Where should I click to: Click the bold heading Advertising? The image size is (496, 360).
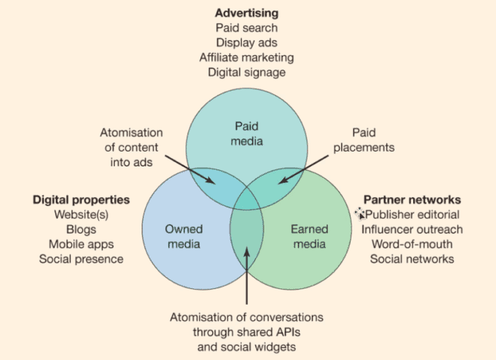point(247,13)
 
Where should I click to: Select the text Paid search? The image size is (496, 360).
point(247,28)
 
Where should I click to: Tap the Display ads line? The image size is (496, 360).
point(247,43)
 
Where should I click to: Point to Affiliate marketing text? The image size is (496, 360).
point(247,57)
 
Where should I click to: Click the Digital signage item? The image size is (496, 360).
point(247,72)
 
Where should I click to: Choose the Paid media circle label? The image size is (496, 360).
point(247,133)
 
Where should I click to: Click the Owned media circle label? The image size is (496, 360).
point(184,237)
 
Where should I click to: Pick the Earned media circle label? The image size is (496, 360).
point(310,237)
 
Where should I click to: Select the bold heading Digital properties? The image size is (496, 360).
point(81,200)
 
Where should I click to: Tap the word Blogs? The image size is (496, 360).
point(81,230)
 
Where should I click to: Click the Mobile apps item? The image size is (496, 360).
point(81,244)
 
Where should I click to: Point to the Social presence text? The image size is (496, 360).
point(81,259)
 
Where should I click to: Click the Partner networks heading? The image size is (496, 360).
point(412,200)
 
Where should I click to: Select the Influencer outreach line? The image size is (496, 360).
point(412,230)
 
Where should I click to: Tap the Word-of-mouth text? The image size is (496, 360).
point(412,244)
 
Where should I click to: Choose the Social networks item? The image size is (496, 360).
point(412,259)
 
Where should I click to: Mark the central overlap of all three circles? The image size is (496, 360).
point(247,200)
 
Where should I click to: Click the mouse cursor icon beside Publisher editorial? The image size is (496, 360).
point(360,213)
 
